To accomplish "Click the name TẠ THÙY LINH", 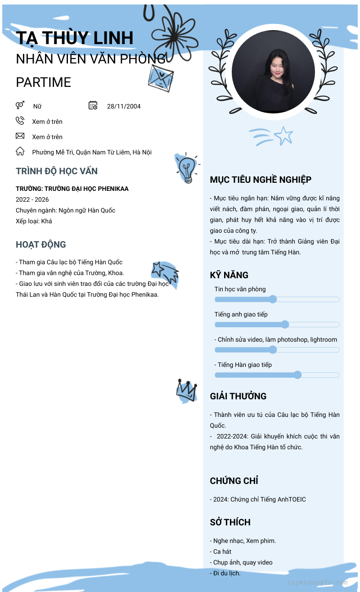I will point(75,38).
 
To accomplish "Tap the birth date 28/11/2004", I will point(124,106).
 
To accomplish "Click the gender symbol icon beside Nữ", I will point(20,105).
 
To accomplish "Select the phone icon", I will point(20,121).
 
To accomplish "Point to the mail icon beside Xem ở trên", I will point(20,136).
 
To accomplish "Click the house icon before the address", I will point(20,151).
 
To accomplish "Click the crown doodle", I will point(186,390).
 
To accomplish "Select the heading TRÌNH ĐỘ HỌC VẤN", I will point(57,171).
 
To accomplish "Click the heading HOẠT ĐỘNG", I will point(41,244).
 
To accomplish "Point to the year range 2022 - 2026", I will point(32,199).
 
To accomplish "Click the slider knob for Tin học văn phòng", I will point(273,299).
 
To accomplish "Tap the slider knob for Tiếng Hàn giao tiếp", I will point(297,375).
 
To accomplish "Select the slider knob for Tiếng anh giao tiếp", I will point(285,325).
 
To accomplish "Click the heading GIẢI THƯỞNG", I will point(238,396).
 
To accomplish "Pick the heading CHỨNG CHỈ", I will point(234,481).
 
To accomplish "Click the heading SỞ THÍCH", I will point(230,522).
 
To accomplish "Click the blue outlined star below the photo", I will point(283,136).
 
